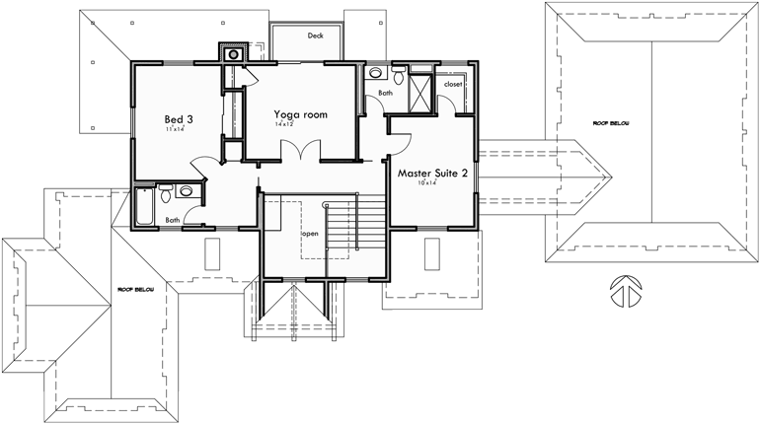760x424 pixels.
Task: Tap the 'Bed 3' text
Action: (x=179, y=119)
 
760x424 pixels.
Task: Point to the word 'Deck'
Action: (x=315, y=35)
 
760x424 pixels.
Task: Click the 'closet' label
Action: (x=453, y=85)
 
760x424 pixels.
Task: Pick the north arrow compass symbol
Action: (x=624, y=290)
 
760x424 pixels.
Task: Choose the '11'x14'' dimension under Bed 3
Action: (x=176, y=129)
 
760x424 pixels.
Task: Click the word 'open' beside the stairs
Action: (x=310, y=234)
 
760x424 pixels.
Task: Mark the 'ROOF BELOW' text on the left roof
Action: (x=136, y=290)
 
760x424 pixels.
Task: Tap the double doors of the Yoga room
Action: (x=299, y=150)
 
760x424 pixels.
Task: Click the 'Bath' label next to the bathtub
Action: (x=173, y=220)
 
